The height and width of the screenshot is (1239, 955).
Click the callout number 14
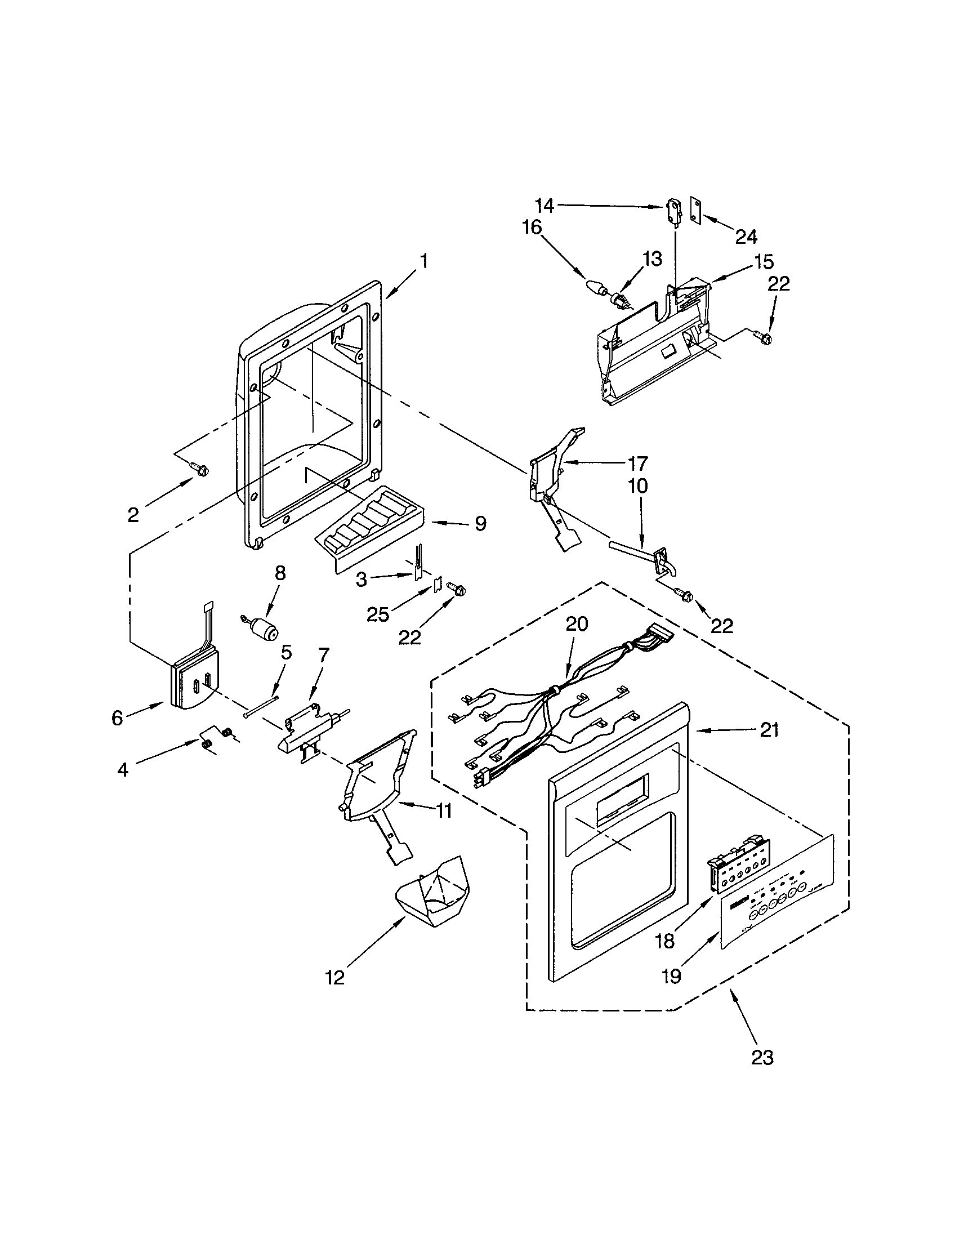pyautogui.click(x=545, y=205)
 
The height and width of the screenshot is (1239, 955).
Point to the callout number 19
pyautogui.click(x=671, y=976)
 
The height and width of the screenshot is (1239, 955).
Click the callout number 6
pyautogui.click(x=117, y=718)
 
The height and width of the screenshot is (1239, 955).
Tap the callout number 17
pyautogui.click(x=637, y=463)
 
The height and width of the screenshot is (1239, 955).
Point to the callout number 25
pyautogui.click(x=378, y=613)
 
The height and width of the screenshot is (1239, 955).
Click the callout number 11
pyautogui.click(x=444, y=811)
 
